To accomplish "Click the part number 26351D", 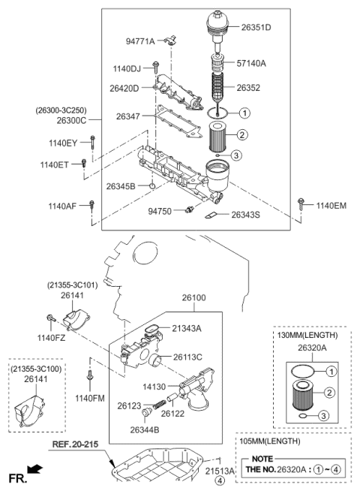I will (x=255, y=28).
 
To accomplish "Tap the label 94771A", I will (x=140, y=41).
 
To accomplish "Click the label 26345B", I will (x=120, y=185).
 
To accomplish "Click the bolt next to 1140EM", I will (x=301, y=203).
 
